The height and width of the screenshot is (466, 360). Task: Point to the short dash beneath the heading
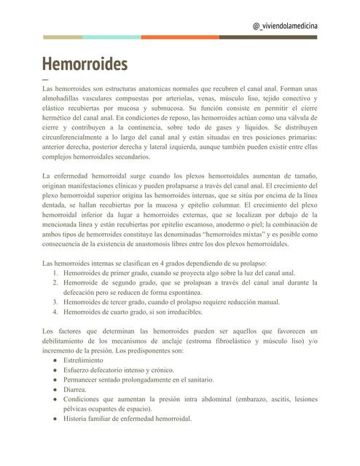(x=46, y=79)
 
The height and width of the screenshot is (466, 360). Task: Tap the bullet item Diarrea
(x=75, y=390)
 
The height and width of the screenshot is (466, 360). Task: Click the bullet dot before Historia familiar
(x=50, y=419)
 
